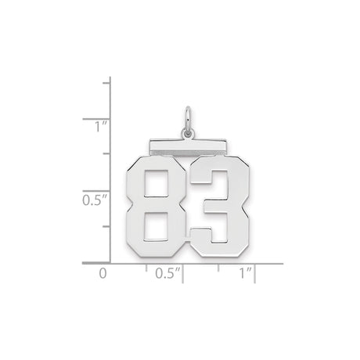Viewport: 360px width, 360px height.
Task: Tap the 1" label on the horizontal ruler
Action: pyautogui.click(x=246, y=274)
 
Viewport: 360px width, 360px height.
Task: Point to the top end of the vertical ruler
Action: pyautogui.click(x=110, y=78)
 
